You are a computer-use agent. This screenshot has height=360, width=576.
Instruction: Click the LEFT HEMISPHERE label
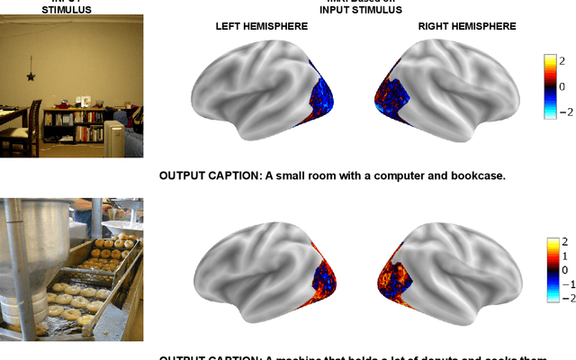[x=262, y=27]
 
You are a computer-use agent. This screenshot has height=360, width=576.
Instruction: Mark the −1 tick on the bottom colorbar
[x=561, y=283]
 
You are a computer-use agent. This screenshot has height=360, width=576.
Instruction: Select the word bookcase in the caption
[x=474, y=175]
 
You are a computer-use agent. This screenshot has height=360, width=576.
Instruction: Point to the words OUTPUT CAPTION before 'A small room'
[x=209, y=175]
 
